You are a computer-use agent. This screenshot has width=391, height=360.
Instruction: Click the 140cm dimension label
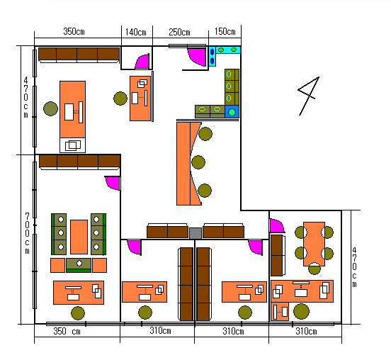point(136,32)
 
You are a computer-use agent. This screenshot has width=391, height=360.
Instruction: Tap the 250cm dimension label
point(179,32)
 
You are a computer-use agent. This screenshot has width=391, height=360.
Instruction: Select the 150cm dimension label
point(225,31)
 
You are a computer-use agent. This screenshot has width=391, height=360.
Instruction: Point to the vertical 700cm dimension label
point(27,233)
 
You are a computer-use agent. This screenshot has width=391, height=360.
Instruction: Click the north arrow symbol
point(309,96)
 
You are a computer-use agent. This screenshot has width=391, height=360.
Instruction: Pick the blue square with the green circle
point(232,112)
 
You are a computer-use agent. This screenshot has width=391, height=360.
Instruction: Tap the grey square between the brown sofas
point(195,233)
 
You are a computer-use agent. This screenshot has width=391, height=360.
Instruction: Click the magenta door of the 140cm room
point(142,62)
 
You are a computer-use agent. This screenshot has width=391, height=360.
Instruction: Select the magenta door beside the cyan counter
point(197,57)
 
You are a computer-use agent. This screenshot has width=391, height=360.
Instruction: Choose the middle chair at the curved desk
point(198,162)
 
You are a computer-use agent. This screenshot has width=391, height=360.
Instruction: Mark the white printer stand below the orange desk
point(72,145)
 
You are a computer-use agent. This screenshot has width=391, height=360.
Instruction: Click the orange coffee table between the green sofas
point(79,237)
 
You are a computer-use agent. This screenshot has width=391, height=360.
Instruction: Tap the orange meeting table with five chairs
point(314,244)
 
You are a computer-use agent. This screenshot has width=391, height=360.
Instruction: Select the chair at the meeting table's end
point(314,269)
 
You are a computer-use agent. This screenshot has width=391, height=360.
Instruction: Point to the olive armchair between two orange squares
point(79,265)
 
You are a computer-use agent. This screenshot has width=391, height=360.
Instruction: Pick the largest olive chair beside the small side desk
point(301,311)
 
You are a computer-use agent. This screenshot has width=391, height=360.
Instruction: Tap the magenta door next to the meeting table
point(277,226)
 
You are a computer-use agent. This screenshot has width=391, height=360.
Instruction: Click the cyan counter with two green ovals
point(227,50)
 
